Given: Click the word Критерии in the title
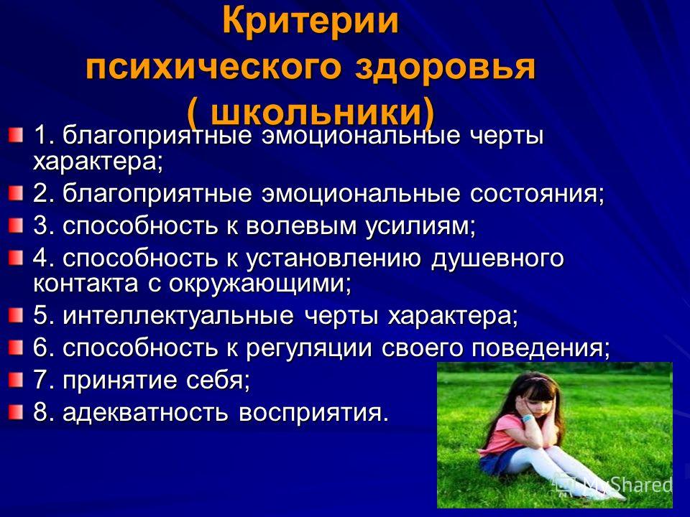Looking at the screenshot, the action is [x=310, y=21].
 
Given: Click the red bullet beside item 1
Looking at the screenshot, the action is [x=15, y=134].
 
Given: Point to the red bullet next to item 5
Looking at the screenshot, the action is [x=15, y=315].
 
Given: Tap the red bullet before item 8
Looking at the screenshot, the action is [x=15, y=412].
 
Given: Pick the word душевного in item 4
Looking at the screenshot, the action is [x=497, y=259].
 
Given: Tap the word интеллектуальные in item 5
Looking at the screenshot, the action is [x=178, y=315].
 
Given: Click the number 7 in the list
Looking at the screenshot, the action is [x=40, y=381].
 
